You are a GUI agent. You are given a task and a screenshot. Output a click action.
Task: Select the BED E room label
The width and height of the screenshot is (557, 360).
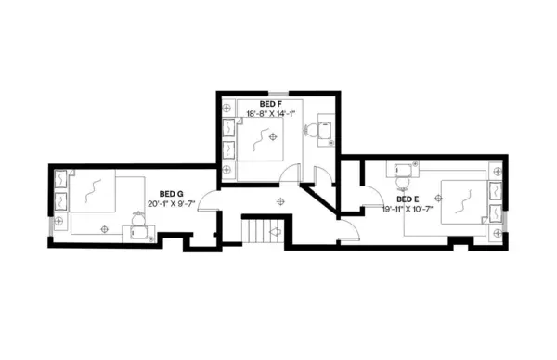(x=408, y=199)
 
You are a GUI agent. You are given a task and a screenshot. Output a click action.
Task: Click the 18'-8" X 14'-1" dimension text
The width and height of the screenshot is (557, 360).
(x=270, y=114)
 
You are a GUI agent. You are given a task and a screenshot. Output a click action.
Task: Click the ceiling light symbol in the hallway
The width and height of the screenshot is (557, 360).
(x=279, y=201)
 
